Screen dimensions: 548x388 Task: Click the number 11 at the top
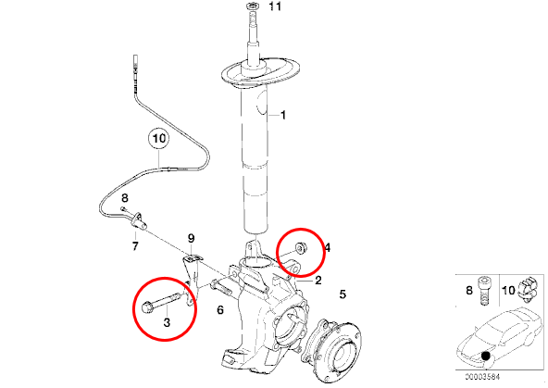(x=275, y=6)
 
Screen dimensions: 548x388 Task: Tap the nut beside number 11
(x=252, y=6)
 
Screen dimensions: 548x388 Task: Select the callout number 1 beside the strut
(x=283, y=115)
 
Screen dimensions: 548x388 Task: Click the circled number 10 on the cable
(x=158, y=138)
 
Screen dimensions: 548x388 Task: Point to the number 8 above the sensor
(x=125, y=198)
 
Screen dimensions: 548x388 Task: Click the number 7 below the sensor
(x=135, y=245)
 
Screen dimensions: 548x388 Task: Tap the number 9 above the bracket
(x=192, y=238)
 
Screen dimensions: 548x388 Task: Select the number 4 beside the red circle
(x=328, y=248)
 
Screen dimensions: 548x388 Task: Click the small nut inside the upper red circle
(x=301, y=247)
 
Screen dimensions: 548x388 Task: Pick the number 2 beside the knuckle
(x=318, y=281)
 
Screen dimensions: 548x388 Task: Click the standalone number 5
(x=342, y=294)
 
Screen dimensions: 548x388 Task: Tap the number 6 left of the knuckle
(x=220, y=309)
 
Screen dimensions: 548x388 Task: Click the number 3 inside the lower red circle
(x=167, y=322)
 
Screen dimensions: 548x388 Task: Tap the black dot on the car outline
(x=485, y=356)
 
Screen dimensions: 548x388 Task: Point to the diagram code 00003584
(x=482, y=377)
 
